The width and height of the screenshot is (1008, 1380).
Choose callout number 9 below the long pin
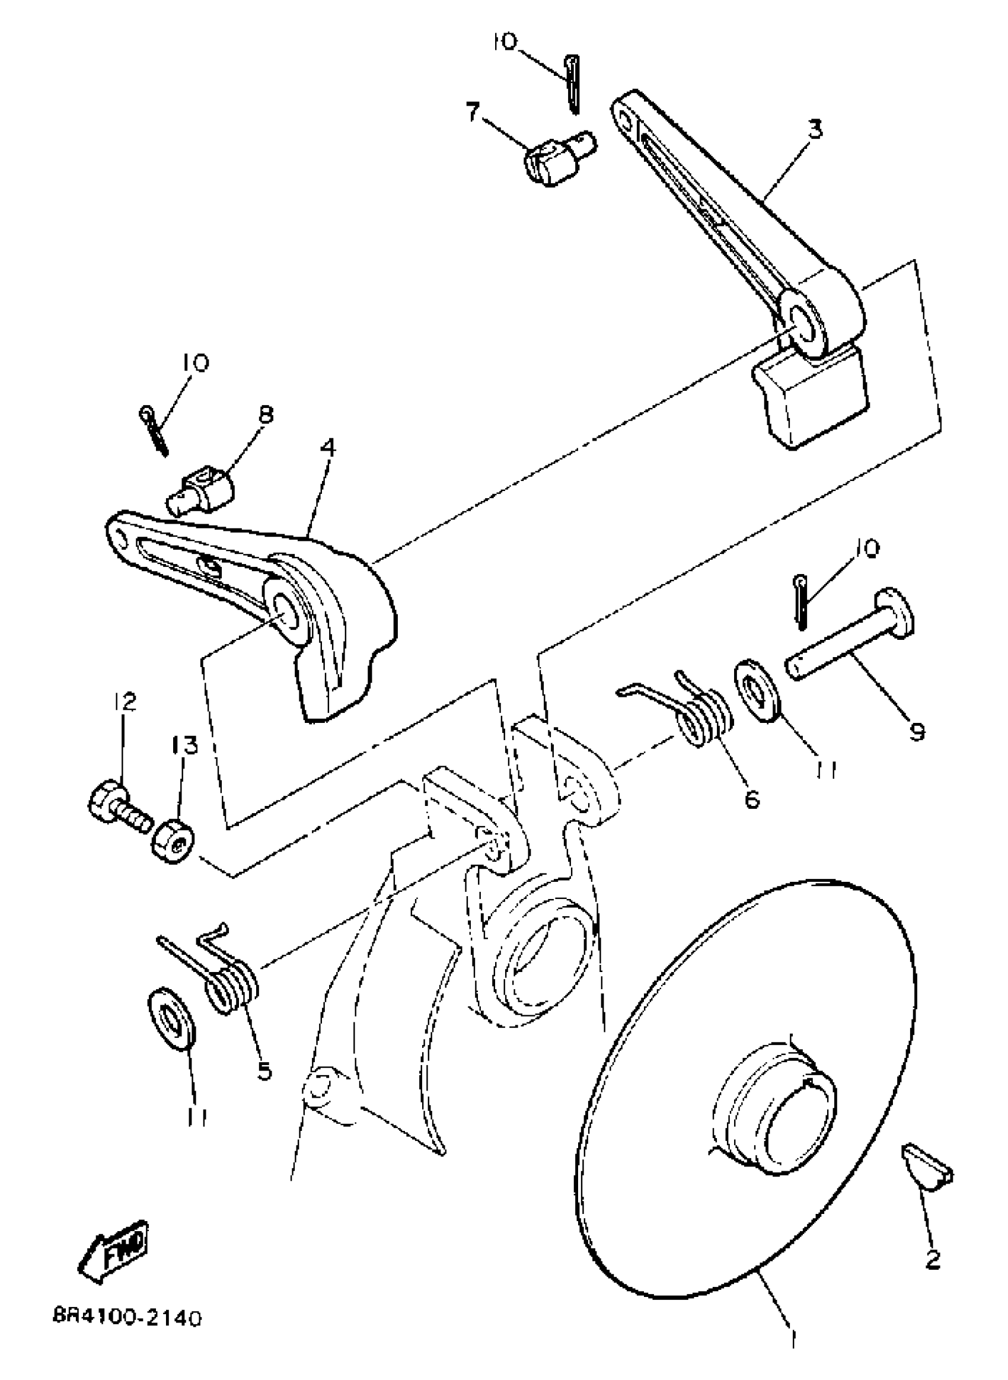click(917, 731)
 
